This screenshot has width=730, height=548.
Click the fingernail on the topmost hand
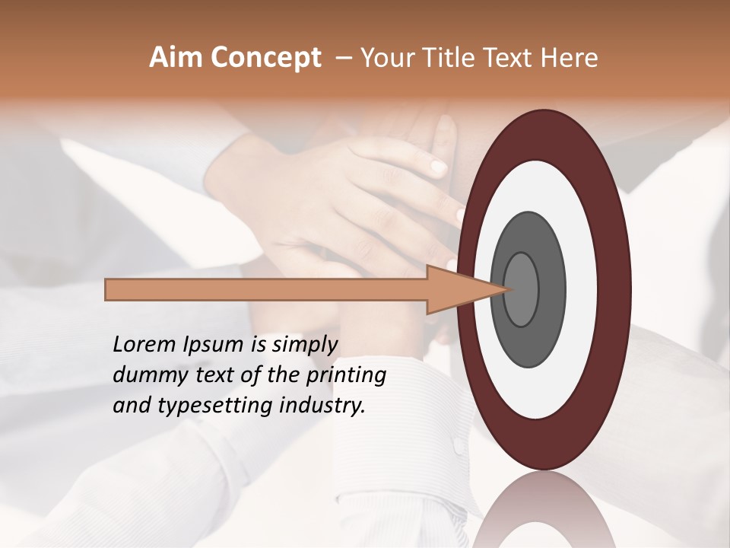click(x=439, y=165)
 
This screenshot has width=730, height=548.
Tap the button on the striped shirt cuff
click(x=458, y=446)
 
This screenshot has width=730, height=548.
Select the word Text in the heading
click(x=509, y=58)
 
